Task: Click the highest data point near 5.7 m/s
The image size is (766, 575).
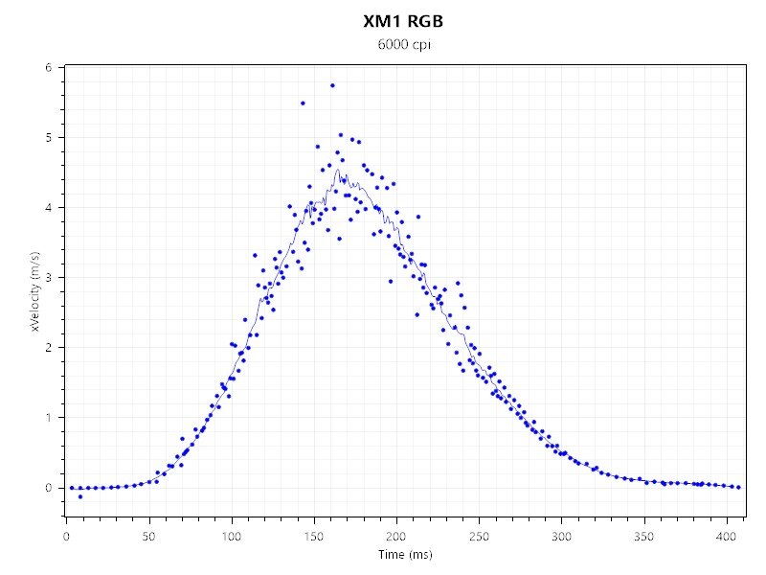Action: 332,85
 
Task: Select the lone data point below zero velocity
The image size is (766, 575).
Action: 79,496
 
